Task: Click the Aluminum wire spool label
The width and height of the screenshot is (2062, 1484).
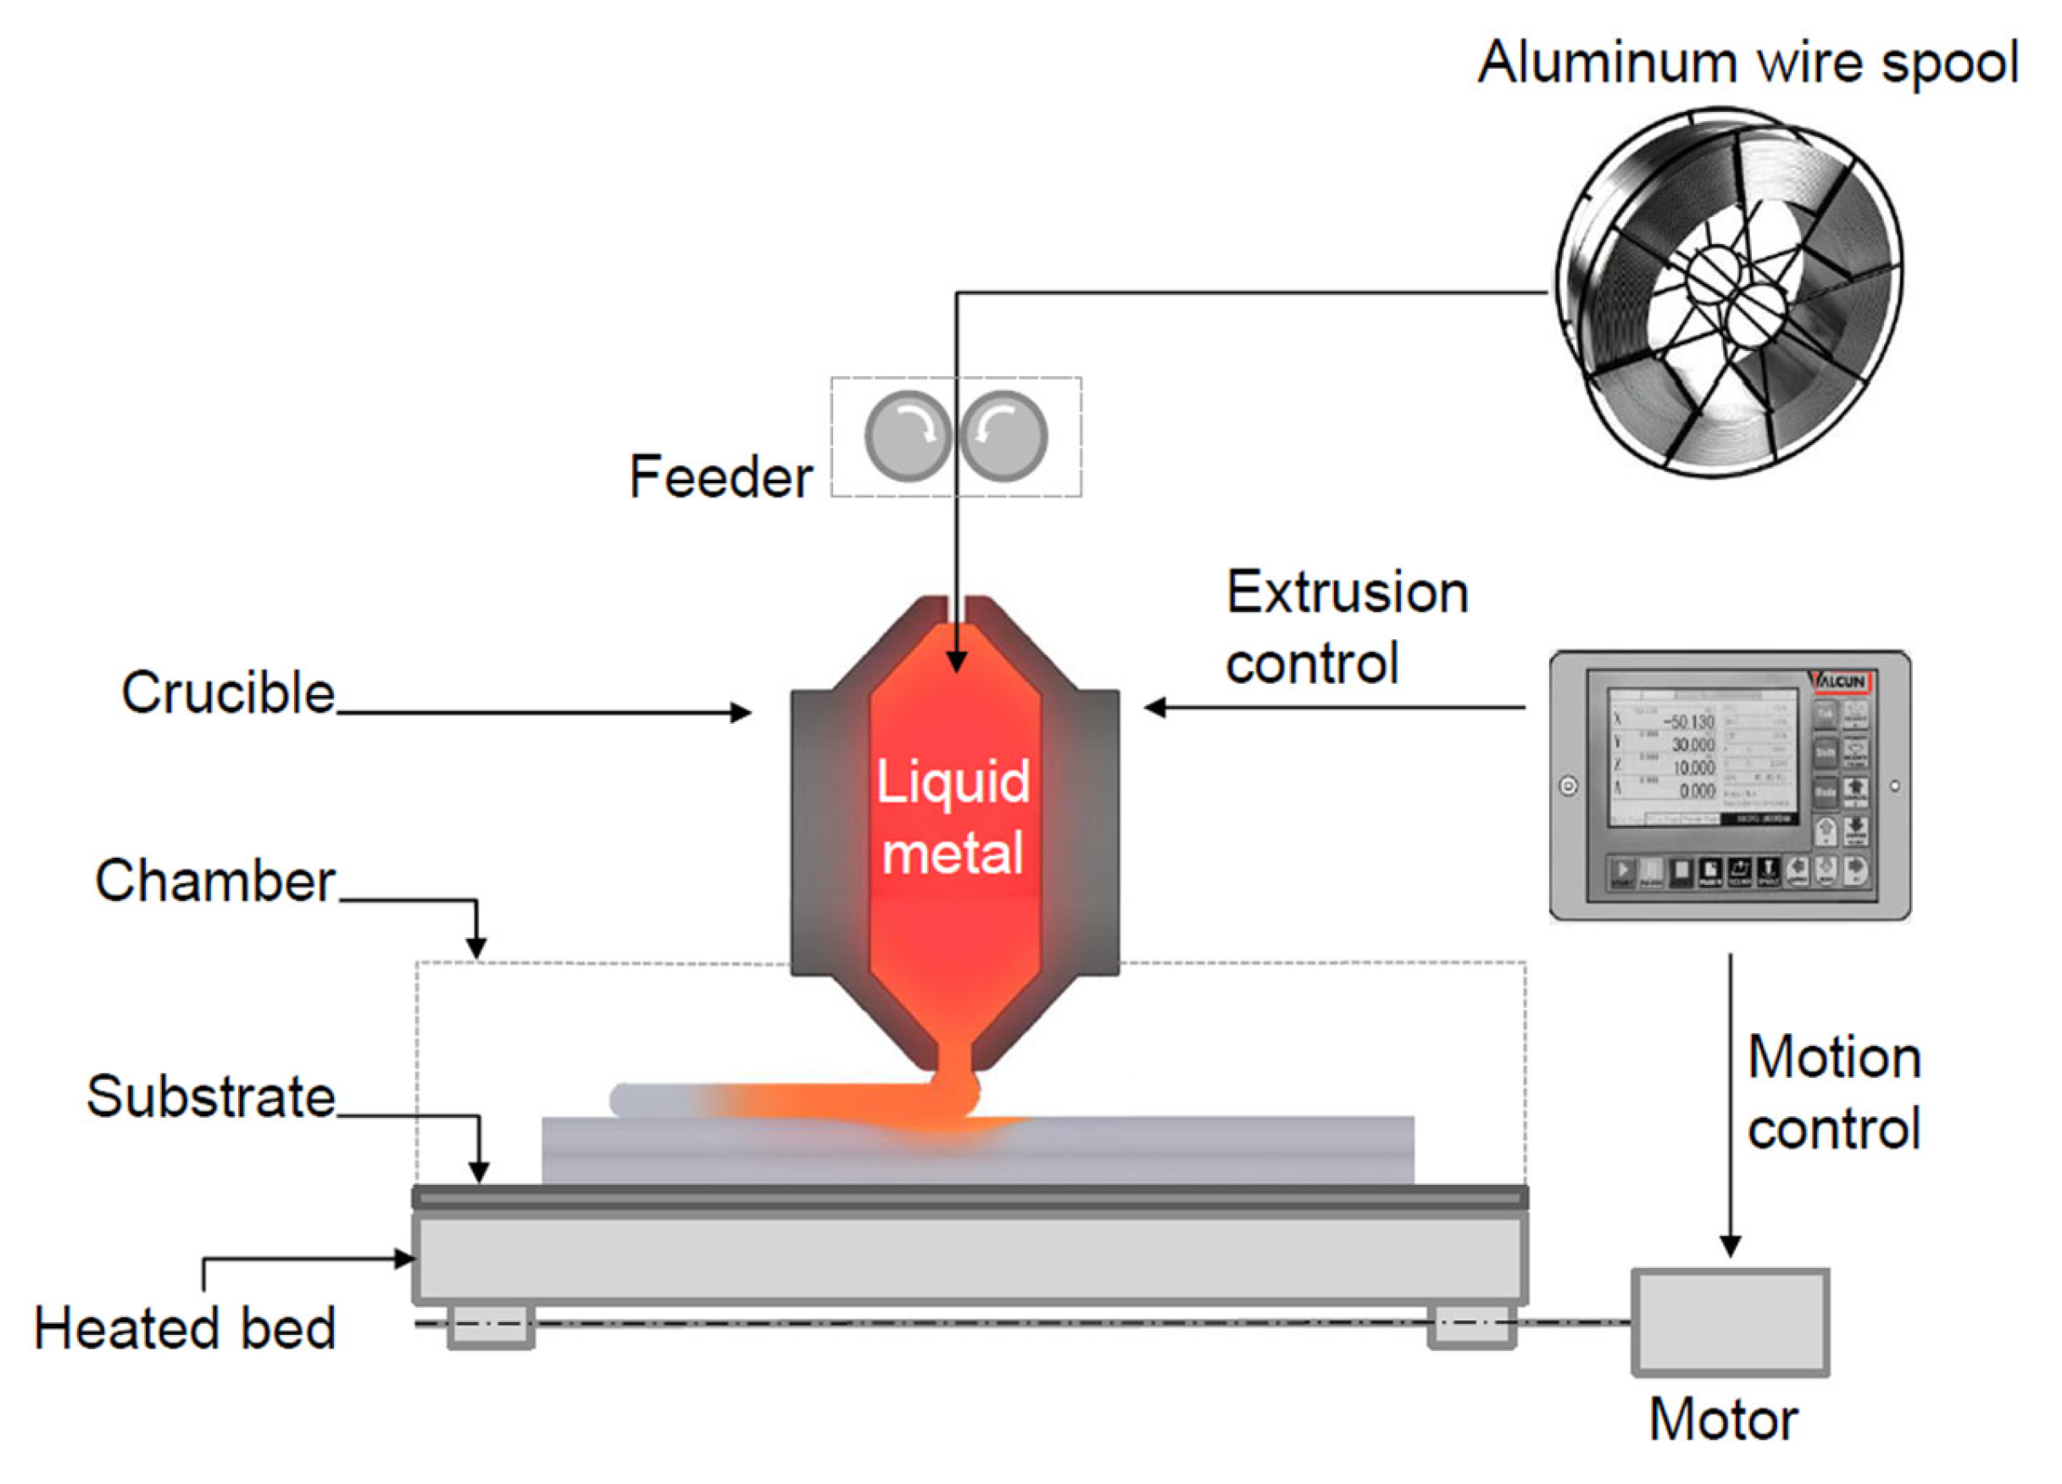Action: (1748, 64)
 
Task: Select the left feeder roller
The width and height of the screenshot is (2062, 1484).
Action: (908, 436)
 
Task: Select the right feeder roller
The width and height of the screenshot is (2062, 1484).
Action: (1003, 436)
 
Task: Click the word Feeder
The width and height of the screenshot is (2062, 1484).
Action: (720, 477)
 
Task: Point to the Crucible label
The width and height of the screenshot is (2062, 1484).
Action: (228, 693)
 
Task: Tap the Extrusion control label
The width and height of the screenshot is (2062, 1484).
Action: (1346, 627)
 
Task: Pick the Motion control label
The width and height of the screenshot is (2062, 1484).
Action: (1833, 1093)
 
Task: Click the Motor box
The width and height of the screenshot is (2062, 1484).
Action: (1730, 1322)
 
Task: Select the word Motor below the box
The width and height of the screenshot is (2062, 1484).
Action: (1723, 1420)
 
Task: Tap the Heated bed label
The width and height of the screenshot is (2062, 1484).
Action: (185, 1329)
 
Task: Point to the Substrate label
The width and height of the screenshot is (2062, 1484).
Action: (211, 1096)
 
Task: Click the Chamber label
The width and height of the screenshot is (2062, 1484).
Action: (215, 881)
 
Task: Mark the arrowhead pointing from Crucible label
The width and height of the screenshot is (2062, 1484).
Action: (742, 712)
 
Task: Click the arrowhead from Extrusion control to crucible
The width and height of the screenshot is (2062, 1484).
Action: (1154, 708)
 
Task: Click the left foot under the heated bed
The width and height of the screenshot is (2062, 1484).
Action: (490, 1326)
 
